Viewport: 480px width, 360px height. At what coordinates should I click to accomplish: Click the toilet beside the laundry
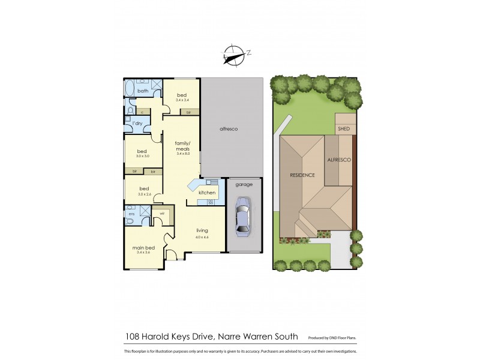[x=132, y=110]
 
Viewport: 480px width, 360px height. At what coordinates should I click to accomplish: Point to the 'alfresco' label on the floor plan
[x=230, y=129]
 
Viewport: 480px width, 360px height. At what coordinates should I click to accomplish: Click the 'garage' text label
[x=244, y=184]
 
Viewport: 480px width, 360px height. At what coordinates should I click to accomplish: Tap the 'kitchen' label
[x=207, y=193]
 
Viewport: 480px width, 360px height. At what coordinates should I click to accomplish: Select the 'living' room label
[x=201, y=230]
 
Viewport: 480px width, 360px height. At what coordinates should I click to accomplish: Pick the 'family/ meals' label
[x=182, y=146]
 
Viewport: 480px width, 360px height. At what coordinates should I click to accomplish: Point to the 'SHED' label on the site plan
[x=344, y=128]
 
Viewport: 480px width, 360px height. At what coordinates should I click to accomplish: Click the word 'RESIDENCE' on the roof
[x=302, y=176]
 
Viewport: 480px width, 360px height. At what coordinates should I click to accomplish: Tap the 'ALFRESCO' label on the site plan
[x=339, y=161]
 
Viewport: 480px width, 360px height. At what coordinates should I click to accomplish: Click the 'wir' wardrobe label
[x=162, y=213]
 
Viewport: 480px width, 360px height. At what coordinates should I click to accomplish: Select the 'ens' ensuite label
[x=131, y=214]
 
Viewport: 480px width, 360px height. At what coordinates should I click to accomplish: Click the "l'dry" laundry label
[x=137, y=123]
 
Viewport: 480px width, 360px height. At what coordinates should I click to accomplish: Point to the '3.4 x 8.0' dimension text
[x=182, y=154]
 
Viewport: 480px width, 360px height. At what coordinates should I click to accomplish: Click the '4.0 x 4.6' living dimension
[x=202, y=238]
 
